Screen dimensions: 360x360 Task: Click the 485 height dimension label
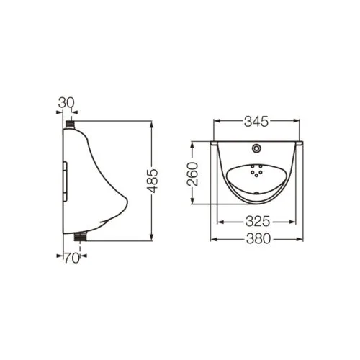[153, 181]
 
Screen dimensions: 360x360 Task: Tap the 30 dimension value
[66, 103]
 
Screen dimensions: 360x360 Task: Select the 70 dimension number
[72, 258]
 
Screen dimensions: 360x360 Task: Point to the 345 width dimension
[256, 122]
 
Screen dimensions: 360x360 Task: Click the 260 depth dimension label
[193, 174]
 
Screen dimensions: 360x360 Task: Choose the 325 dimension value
[258, 222]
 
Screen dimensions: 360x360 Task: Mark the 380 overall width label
[258, 239]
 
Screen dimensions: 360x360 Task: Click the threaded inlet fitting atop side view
[70, 125]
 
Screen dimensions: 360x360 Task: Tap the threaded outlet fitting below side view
[80, 236]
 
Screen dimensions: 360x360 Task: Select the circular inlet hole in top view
[256, 148]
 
